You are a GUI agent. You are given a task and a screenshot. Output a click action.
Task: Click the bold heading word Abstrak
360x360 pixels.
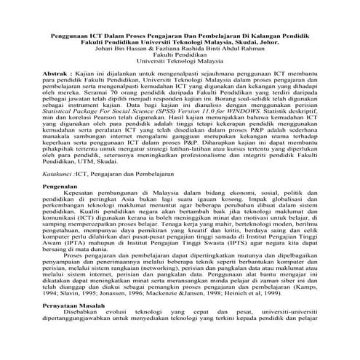point(56,95)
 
